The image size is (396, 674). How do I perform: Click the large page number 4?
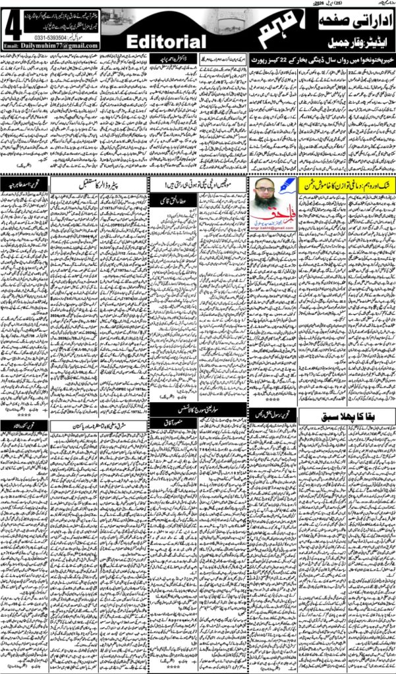pyautogui.click(x=11, y=26)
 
